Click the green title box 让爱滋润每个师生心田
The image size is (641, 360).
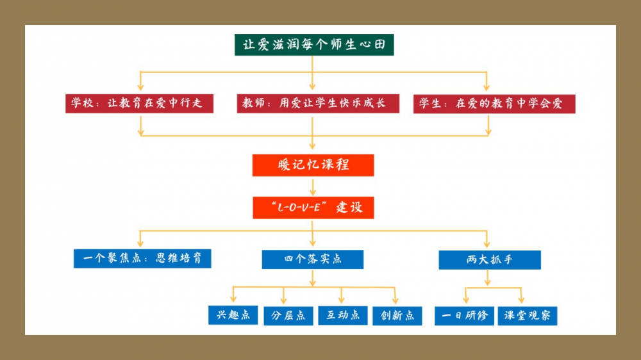pos(314,44)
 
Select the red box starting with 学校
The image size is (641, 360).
pos(139,103)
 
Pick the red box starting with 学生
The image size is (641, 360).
pos(494,103)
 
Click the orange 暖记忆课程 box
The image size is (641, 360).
pos(313,165)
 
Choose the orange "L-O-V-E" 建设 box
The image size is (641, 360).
pos(313,208)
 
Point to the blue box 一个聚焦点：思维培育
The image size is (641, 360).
pos(142,258)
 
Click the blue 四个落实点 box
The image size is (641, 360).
pos(313,259)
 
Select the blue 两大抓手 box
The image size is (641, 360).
pos(490,259)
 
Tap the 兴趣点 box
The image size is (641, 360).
pos(233,315)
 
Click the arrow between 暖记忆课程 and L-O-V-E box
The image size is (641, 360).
pos(313,186)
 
